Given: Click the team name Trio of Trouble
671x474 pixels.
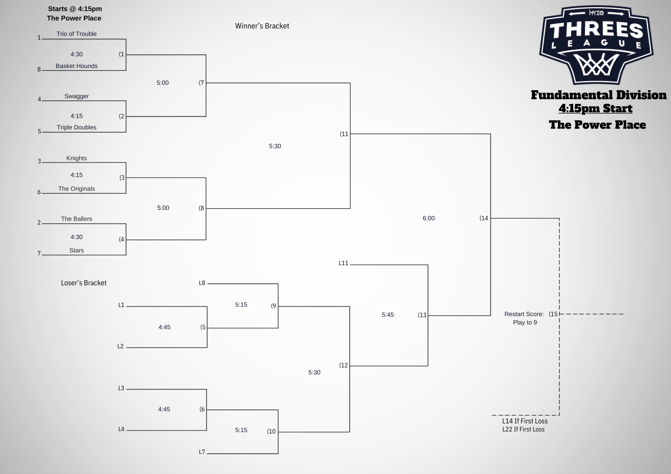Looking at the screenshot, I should coord(76,34).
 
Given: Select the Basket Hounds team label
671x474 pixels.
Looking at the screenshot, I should coord(76,66).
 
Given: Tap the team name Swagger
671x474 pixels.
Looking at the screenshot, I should coord(76,96).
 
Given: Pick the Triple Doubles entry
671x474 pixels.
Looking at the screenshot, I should coord(76,127).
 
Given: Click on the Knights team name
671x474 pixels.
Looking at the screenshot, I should coord(76,158).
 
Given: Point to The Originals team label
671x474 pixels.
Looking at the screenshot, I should coord(76,189).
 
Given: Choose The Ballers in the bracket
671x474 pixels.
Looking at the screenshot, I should coord(76,219).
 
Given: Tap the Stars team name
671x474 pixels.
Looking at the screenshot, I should coord(76,250).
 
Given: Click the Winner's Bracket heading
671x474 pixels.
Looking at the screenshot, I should coord(262,26).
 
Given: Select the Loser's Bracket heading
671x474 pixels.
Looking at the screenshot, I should coord(84,283).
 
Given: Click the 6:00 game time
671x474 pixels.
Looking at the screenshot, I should coord(428,218).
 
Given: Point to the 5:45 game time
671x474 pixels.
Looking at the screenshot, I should coord(388,315).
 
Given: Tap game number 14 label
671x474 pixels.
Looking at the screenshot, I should coord(484,218).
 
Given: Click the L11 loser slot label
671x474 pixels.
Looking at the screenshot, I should coord(343,263).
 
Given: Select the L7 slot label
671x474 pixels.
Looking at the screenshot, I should coord(202,452).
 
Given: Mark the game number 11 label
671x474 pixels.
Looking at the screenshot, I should coord(344,134).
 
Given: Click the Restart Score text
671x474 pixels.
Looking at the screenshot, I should coord(524,314).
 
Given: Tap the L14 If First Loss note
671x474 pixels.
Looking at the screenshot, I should coord(525,421).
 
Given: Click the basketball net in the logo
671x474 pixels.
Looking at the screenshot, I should coord(597,65).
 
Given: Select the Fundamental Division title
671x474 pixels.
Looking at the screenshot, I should coord(599,95).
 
